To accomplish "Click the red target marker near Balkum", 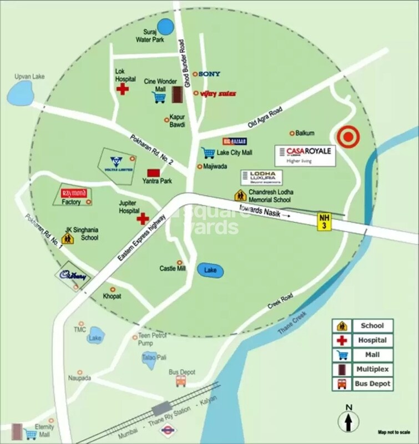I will pyautogui.click(x=348, y=138).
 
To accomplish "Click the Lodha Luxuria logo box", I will pyautogui.click(x=261, y=177).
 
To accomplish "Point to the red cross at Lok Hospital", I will pyautogui.click(x=122, y=89).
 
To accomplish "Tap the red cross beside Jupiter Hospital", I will pyautogui.click(x=143, y=218).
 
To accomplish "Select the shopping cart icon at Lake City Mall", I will pyautogui.click(x=208, y=152).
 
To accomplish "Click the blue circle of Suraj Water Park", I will pyautogui.click(x=165, y=26).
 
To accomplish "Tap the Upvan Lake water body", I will pyautogui.click(x=20, y=92).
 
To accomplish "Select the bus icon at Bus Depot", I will pyautogui.click(x=181, y=381).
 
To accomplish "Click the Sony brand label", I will pyautogui.click(x=209, y=74).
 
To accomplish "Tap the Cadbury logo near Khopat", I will pyautogui.click(x=70, y=275).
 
